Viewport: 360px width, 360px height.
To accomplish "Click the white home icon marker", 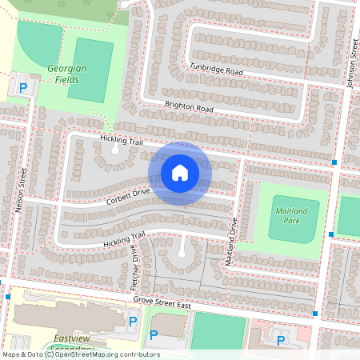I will [x=180, y=173].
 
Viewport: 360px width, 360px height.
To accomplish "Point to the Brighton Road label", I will [x=189, y=107].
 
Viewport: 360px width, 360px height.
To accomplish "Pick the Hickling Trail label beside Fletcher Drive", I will [x=123, y=238].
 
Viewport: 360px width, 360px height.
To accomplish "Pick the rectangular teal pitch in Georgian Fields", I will [x=90, y=70].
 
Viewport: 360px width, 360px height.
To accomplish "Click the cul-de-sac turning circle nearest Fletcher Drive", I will [x=182, y=253].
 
